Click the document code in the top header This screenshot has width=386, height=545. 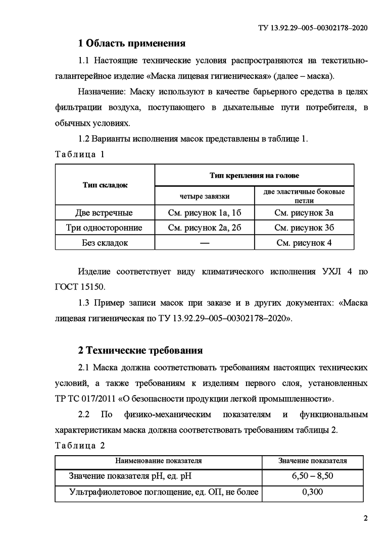point(310,29)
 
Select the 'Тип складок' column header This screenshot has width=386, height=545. point(105,185)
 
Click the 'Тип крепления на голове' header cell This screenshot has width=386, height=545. point(254,176)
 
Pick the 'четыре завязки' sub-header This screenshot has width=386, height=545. point(205,195)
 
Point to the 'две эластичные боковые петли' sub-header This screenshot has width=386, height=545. point(304,195)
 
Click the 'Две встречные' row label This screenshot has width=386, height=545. point(104,212)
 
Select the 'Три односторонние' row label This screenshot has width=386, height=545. point(104,228)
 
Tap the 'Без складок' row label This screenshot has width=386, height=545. point(105,243)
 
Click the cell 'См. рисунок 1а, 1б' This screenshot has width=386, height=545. point(205,212)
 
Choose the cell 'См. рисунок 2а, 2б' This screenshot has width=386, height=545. point(205,228)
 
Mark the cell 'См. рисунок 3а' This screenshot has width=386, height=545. point(304,212)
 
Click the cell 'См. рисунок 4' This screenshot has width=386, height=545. point(304,243)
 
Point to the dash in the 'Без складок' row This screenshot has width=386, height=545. point(205,243)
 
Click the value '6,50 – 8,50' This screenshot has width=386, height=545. point(313,476)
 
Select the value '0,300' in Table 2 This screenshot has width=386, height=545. point(313,492)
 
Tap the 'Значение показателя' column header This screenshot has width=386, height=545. point(313,461)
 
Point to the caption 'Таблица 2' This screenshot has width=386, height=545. point(79,446)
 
